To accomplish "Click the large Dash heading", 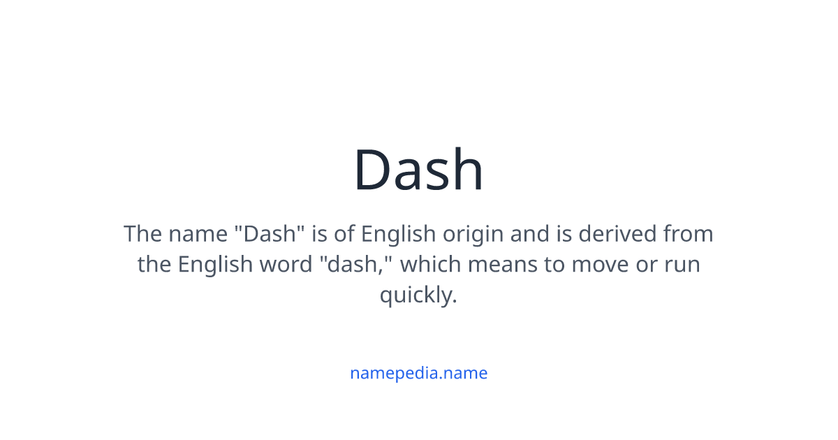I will (418, 170).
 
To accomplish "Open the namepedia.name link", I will (418, 373).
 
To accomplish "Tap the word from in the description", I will (689, 234).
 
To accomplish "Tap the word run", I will (682, 265).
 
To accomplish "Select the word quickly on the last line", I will (418, 295).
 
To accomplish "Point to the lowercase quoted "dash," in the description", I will (359, 265).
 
